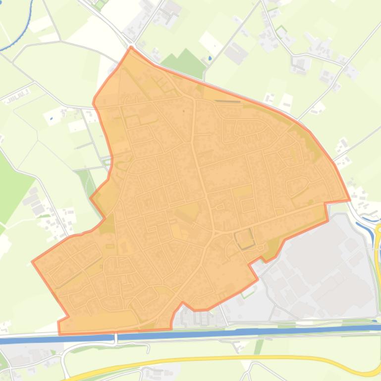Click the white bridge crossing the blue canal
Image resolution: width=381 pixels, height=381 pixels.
point(115,337)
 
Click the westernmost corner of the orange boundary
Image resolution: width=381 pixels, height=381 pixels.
point(33,261)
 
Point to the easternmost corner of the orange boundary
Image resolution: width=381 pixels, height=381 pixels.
point(350,200)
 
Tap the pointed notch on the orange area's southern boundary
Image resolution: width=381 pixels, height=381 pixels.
point(183,302)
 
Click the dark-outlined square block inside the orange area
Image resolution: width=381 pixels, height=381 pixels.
point(244,238)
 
